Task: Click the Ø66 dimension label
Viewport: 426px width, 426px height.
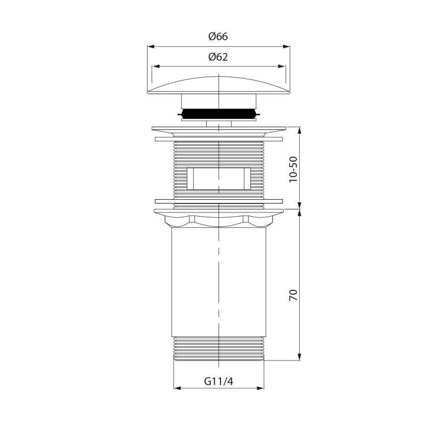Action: click(x=218, y=36)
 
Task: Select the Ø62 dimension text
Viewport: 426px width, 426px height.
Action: click(x=218, y=57)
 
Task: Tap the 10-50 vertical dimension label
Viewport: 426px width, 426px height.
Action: click(x=293, y=169)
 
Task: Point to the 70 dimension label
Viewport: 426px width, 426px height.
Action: click(x=293, y=295)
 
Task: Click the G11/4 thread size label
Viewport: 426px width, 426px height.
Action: click(x=219, y=381)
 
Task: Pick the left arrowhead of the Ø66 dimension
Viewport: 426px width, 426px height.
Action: click(x=151, y=47)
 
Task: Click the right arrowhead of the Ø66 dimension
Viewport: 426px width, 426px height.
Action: click(x=286, y=47)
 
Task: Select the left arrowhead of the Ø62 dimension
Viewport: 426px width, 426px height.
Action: click(x=156, y=66)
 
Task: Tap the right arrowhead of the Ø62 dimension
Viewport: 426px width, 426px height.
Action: click(x=282, y=66)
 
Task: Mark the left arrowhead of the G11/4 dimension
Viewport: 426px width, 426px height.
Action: click(x=177, y=388)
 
